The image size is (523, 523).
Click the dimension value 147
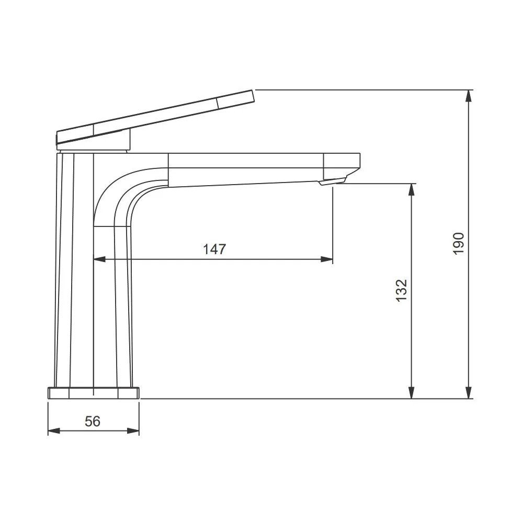(214, 249)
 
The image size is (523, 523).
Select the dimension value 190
(459, 244)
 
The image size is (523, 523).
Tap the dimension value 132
(402, 290)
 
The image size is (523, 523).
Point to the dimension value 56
(93, 421)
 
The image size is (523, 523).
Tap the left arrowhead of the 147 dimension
(100, 259)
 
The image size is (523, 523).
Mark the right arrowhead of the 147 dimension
(326, 259)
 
